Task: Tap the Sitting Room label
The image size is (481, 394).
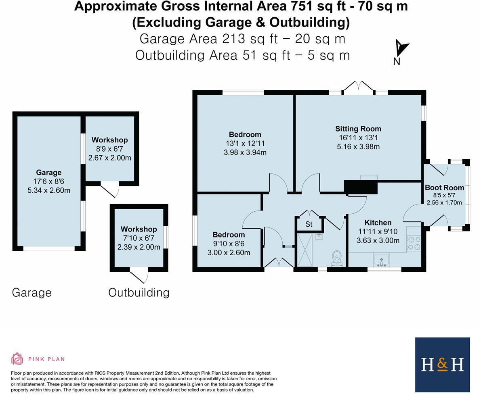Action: point(358,129)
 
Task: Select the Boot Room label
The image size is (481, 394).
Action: point(444,188)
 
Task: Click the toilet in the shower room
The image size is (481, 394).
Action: point(336,258)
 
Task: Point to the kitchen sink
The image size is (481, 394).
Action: point(381,259)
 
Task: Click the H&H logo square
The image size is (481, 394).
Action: point(442,364)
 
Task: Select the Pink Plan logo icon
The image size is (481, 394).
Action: point(17,359)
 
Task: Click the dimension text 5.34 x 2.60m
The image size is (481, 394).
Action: point(48,190)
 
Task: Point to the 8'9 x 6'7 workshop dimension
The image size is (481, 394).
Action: point(109,149)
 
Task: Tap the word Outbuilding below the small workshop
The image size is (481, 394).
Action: point(139,293)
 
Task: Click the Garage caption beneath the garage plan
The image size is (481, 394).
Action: point(32,293)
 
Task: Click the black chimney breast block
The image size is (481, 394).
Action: point(360,188)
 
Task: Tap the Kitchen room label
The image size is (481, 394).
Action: point(378,223)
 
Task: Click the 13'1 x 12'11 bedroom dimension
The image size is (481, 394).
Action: point(245,144)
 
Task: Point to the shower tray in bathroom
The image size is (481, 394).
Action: point(307,250)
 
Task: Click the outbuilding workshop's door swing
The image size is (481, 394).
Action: point(141,276)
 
